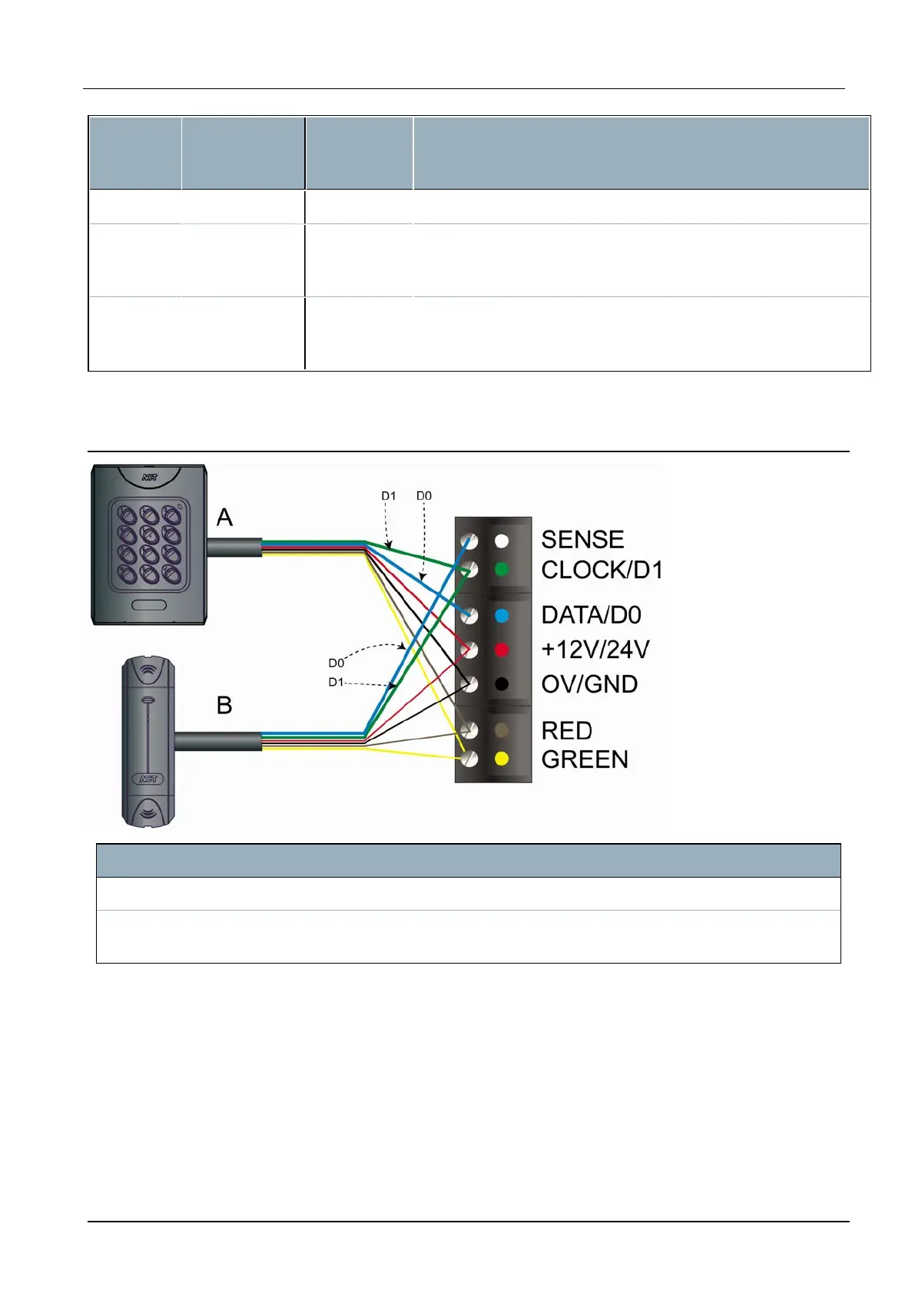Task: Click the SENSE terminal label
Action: [582, 540]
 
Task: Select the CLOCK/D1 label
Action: [602, 570]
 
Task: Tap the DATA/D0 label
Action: [591, 615]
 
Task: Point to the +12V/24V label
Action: [595, 650]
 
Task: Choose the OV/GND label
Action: [589, 684]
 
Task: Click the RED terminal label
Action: [566, 730]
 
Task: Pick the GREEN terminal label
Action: [585, 759]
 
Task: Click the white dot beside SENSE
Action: [502, 541]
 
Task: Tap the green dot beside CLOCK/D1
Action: [502, 570]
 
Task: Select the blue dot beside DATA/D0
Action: [502, 616]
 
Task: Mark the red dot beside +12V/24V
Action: [502, 650]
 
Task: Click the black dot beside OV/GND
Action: [502, 683]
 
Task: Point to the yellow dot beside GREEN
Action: [502, 759]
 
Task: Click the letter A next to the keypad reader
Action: [224, 518]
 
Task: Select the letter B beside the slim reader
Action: [224, 705]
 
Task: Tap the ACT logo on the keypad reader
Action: [149, 478]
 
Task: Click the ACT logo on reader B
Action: [148, 779]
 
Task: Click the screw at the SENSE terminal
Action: [469, 541]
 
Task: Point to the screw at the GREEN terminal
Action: [469, 759]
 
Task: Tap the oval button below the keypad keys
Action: [149, 605]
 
